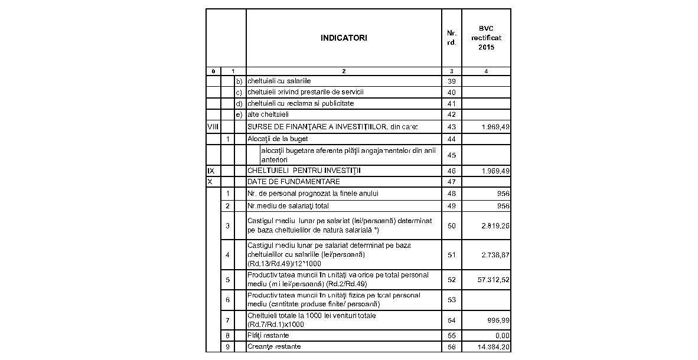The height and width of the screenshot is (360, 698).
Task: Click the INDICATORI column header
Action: click(x=344, y=38)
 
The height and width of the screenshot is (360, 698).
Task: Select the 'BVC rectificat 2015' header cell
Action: click(x=486, y=38)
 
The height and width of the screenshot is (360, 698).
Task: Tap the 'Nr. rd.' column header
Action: click(x=452, y=38)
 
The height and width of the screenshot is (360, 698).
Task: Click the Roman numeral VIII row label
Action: click(x=213, y=127)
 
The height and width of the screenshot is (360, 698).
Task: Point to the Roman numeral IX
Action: click(x=211, y=171)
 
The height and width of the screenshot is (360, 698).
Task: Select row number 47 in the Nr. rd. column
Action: click(x=452, y=181)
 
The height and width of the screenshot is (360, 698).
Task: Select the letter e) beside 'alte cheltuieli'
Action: click(x=239, y=114)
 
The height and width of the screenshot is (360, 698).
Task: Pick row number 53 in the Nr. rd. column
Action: click(x=452, y=300)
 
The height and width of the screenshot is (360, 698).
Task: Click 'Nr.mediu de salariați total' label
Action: click(x=288, y=206)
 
